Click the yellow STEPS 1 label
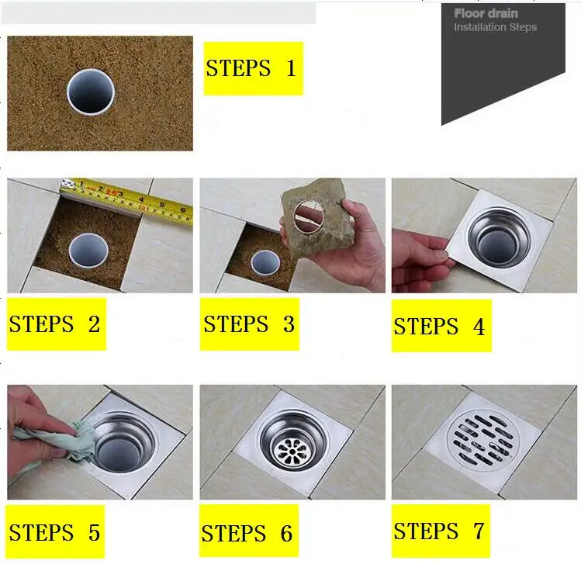pos(253,69)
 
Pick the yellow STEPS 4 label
pos(441,326)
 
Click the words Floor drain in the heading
pos(486,13)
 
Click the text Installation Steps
pos(495,27)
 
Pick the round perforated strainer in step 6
pos(292,448)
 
